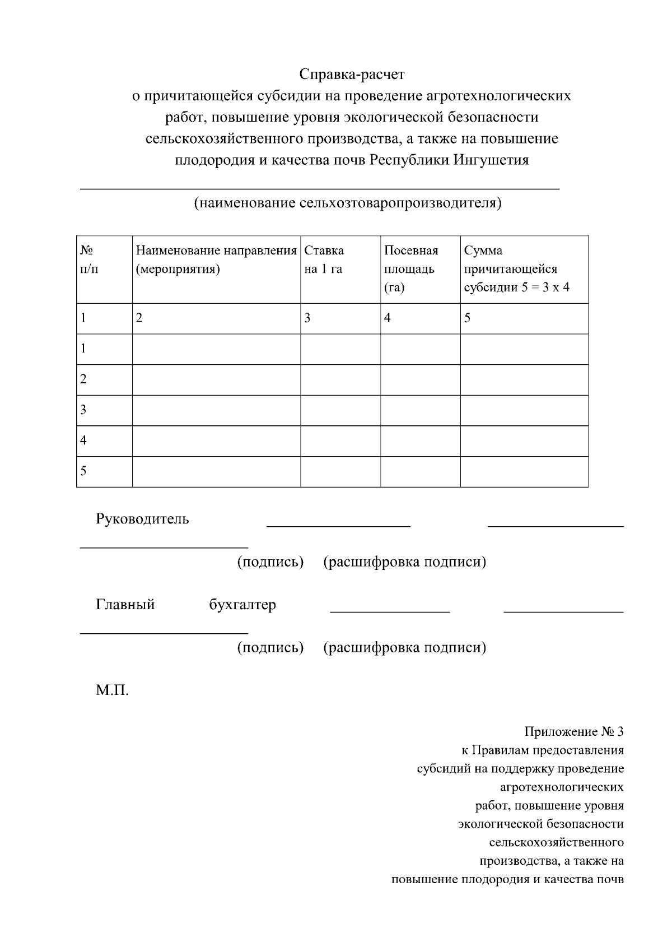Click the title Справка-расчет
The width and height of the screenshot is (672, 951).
(x=352, y=74)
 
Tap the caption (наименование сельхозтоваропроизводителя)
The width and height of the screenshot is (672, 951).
(x=348, y=202)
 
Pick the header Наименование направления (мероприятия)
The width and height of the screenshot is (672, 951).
(x=216, y=259)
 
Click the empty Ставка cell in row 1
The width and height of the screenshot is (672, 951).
(x=340, y=349)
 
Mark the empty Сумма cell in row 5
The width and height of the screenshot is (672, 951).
(x=524, y=471)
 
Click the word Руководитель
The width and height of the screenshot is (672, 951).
(x=142, y=519)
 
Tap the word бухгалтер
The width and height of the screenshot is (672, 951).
(x=242, y=605)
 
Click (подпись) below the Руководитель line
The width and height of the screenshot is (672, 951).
(x=270, y=562)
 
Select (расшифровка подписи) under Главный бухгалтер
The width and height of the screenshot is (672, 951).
(x=404, y=648)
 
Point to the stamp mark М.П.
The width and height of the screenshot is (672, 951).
(x=112, y=690)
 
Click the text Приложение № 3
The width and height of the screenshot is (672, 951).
(x=573, y=732)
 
